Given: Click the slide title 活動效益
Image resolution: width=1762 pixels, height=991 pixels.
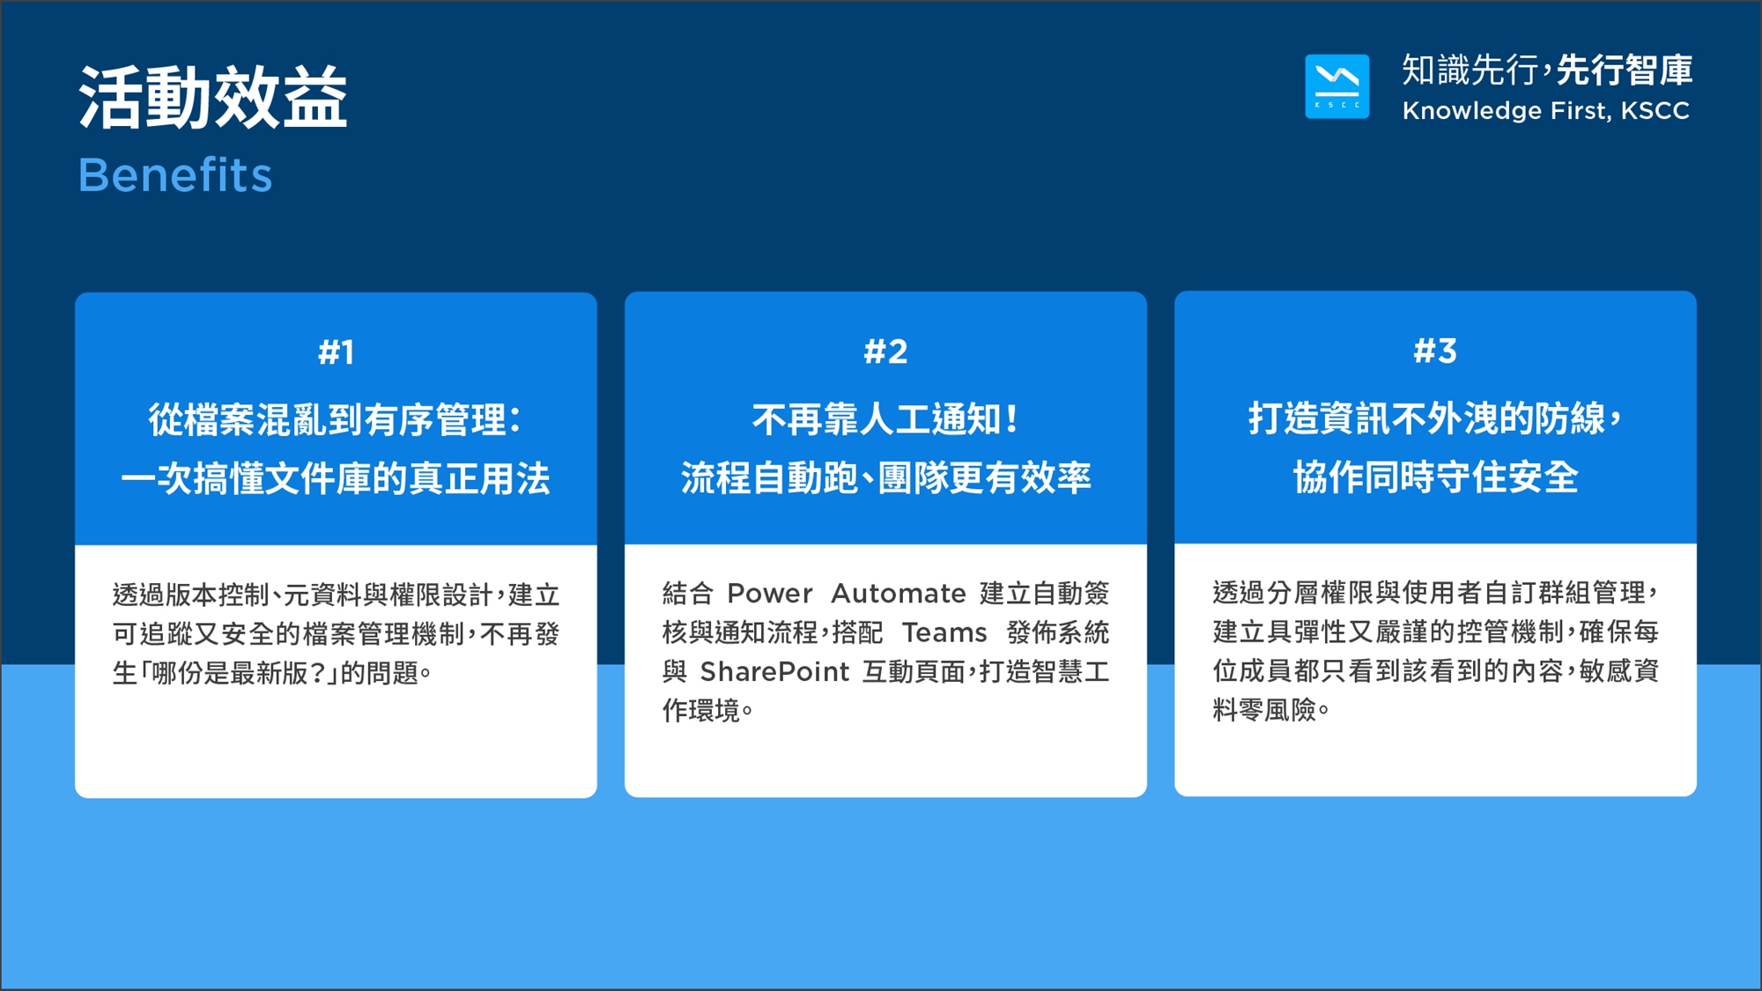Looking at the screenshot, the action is (213, 97).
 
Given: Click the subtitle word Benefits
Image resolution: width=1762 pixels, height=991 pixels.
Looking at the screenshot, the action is (175, 174).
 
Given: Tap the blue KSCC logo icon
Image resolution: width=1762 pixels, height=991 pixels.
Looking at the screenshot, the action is (1336, 86).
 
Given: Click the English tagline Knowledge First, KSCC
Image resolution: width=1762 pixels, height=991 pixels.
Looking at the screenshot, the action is (1546, 111).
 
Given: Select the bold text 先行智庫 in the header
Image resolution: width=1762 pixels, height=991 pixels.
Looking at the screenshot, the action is (1625, 70).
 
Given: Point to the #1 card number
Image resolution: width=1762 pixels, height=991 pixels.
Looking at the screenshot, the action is (337, 352).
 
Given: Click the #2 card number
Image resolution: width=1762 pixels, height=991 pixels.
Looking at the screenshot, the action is (885, 351).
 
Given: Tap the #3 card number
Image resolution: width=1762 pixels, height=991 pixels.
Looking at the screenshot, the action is (1435, 351).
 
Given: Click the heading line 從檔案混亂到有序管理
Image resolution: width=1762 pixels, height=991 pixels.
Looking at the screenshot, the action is (327, 419).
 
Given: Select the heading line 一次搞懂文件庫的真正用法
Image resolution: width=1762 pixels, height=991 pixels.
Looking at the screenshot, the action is (336, 478).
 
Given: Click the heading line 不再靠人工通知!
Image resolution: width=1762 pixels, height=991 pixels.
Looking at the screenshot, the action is (885, 419).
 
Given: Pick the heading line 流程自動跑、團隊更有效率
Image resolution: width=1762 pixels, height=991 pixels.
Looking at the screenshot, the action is (885, 477).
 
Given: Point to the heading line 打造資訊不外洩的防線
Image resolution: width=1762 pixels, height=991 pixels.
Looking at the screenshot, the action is (1427, 418).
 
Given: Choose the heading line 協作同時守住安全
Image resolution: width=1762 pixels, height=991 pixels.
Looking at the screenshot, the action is (1435, 477).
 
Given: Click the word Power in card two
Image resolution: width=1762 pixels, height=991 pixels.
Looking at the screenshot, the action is (769, 594).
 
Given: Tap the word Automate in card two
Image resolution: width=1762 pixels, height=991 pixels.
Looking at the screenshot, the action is (899, 594).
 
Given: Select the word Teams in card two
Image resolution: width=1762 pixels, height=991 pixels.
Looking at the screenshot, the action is (944, 632).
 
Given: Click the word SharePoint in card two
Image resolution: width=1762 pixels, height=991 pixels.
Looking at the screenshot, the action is (774, 672).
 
